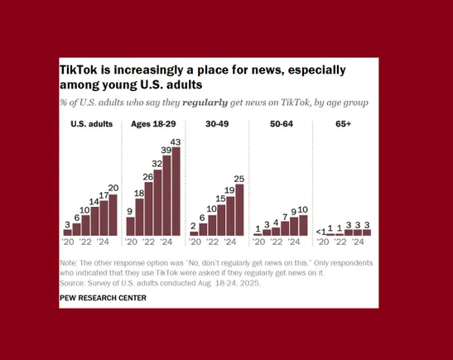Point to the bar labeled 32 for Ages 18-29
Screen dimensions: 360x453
pos(157,203)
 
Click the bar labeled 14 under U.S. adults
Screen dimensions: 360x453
pos(94,221)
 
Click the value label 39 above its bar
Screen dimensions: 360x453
pos(166,151)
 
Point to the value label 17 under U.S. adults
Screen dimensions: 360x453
pos(104,197)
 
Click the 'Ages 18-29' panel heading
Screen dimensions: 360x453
pos(153,124)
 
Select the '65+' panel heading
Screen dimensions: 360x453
pos(345,124)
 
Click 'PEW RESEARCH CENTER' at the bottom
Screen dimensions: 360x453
pos(102,298)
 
